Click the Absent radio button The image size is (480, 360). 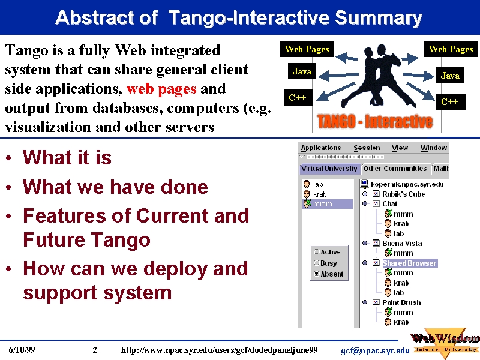point(317,274)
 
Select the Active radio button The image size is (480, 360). point(317,251)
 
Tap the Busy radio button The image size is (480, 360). point(317,263)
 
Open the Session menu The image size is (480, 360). point(367,148)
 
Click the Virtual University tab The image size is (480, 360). point(329,169)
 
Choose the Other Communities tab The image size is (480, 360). point(395,169)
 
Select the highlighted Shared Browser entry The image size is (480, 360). point(409,263)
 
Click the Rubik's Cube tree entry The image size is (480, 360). point(403,194)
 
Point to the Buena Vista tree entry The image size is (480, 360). point(402,244)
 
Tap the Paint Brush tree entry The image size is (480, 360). point(401,302)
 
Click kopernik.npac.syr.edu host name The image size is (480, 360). point(407,184)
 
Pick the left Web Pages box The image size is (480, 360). point(307,49)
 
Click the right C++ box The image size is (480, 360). point(449,101)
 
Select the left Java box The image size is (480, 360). point(302,71)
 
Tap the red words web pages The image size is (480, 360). point(161,89)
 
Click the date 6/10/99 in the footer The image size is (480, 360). point(22,350)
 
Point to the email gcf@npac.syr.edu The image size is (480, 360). point(375,351)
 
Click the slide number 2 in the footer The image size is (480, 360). point(95,350)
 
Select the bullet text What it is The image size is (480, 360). point(67,158)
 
